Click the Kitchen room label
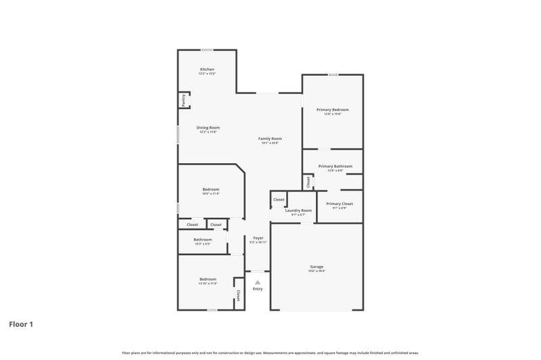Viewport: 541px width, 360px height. pyautogui.click(x=207, y=70)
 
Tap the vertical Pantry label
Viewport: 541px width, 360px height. pyautogui.click(x=183, y=100)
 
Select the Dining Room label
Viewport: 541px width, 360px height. pyautogui.click(x=208, y=127)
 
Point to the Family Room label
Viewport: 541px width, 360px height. pyautogui.click(x=269, y=138)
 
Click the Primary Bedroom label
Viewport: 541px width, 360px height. pyautogui.click(x=333, y=110)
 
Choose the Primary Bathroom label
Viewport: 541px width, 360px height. pyautogui.click(x=335, y=166)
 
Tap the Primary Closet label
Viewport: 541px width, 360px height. pyautogui.click(x=339, y=203)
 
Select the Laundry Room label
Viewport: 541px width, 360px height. pyautogui.click(x=298, y=210)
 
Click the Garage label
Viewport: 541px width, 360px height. pyautogui.click(x=316, y=267)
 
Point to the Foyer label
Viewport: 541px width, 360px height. pyautogui.click(x=258, y=238)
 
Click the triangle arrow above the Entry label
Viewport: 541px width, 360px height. pyautogui.click(x=258, y=282)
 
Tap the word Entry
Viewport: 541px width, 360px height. pyautogui.click(x=258, y=289)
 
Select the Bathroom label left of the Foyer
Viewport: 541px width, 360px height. pyautogui.click(x=203, y=240)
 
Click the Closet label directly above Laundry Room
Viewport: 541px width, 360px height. pyautogui.click(x=279, y=200)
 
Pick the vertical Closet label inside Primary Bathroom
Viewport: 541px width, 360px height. pyautogui.click(x=308, y=181)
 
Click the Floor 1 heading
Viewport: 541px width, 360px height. pyautogui.click(x=21, y=324)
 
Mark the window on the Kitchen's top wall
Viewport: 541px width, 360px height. pyautogui.click(x=207, y=49)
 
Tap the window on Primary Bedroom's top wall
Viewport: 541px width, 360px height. pyautogui.click(x=333, y=74)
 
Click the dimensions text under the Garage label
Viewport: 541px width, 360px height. pyautogui.click(x=316, y=271)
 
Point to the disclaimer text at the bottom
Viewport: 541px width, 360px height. pyautogui.click(x=270, y=353)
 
